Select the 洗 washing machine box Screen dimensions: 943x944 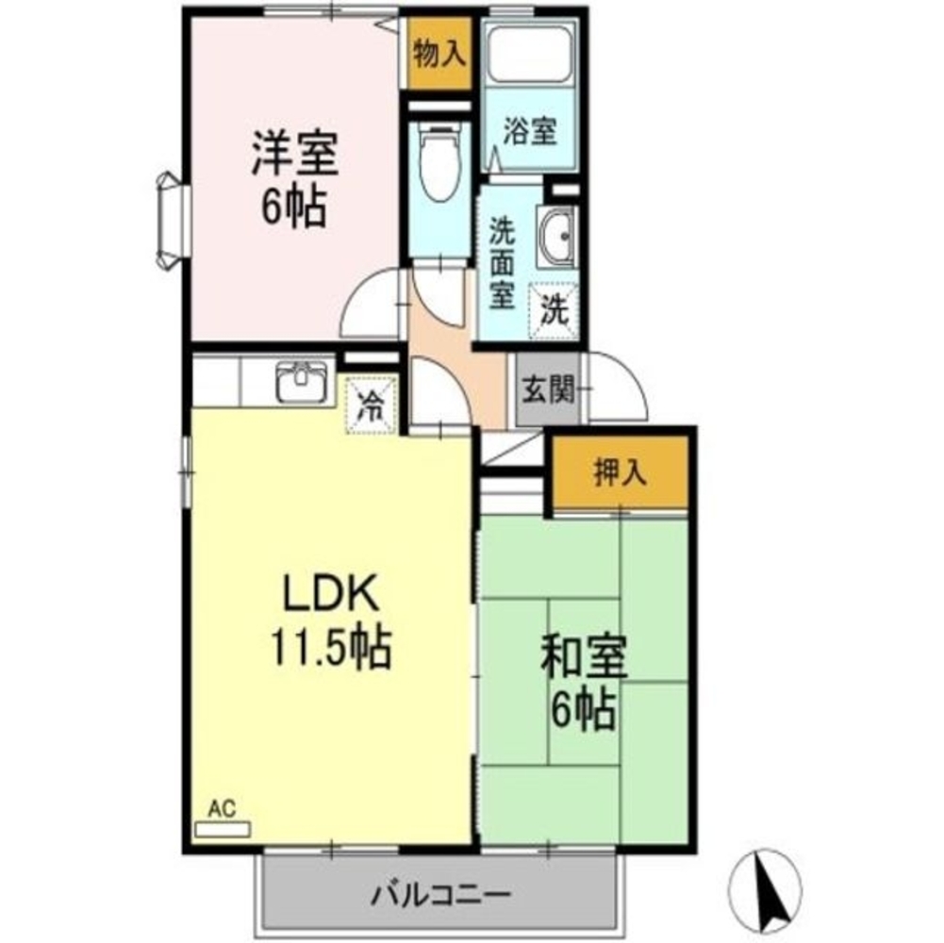(x=554, y=306)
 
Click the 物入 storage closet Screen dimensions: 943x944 (x=439, y=55)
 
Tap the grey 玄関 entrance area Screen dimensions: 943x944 (x=548, y=389)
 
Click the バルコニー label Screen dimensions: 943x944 (x=440, y=891)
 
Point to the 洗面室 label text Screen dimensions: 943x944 (x=500, y=263)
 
